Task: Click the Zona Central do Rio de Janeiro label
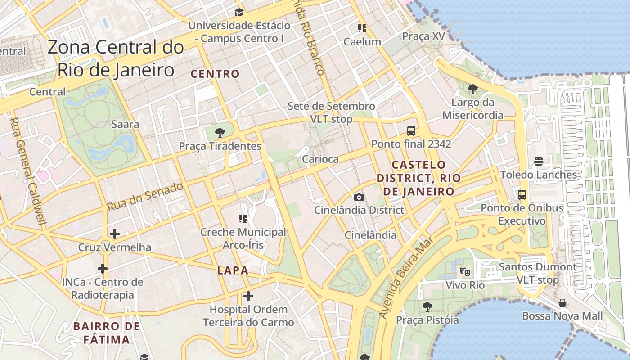pyautogui.click(x=116, y=58)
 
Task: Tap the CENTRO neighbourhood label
pyautogui.click(x=215, y=74)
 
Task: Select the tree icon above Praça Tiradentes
pyautogui.click(x=220, y=133)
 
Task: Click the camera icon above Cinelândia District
pyautogui.click(x=359, y=197)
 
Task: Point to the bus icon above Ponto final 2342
pyautogui.click(x=411, y=131)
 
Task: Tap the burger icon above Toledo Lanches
pyautogui.click(x=538, y=162)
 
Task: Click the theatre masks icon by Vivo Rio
pyautogui.click(x=465, y=272)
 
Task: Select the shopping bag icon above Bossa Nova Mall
pyautogui.click(x=562, y=303)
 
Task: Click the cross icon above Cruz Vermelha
pyautogui.click(x=115, y=234)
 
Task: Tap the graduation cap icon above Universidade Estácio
pyautogui.click(x=239, y=12)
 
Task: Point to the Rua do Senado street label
pyautogui.click(x=145, y=197)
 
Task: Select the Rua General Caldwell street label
pyautogui.click(x=28, y=171)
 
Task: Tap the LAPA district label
pyautogui.click(x=233, y=270)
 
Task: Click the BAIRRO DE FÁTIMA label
pyautogui.click(x=107, y=333)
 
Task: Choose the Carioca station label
pyautogui.click(x=320, y=159)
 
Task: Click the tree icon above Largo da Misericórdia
pyautogui.click(x=472, y=89)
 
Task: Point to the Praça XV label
pyautogui.click(x=423, y=36)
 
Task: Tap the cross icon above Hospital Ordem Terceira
pyautogui.click(x=248, y=296)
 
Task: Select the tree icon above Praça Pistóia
pyautogui.click(x=427, y=307)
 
